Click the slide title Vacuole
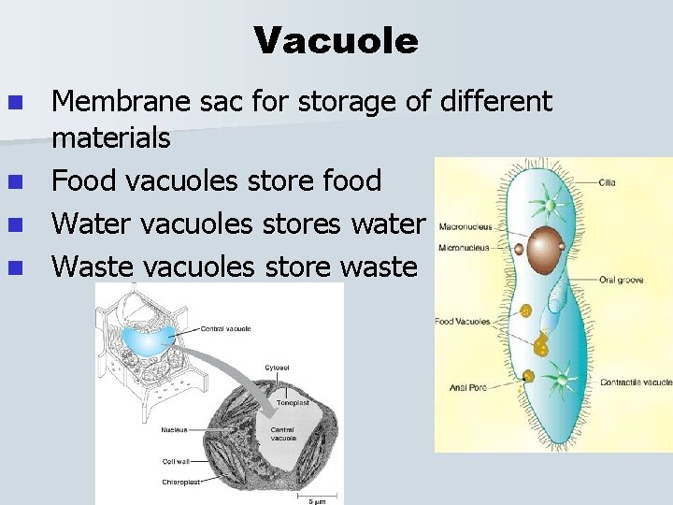click(336, 41)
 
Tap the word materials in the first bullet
click(111, 138)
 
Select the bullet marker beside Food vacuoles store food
click(13, 180)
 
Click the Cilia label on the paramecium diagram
click(608, 182)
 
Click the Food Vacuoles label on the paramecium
click(463, 322)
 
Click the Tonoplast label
click(292, 403)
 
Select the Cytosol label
click(278, 368)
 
